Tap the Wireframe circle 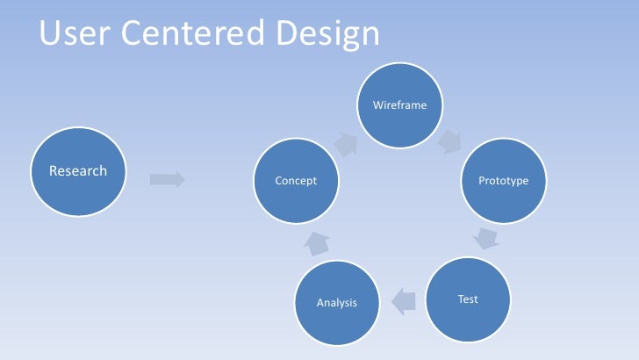point(399,105)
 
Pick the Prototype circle point(503,180)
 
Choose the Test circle point(468,299)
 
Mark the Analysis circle point(337,303)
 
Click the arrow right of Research point(167,179)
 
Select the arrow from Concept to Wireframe point(345,144)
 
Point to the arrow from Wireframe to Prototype point(452,141)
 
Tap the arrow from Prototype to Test point(486,237)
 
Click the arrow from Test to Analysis point(402,302)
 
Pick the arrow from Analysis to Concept point(317,244)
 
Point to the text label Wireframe point(399,105)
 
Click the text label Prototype point(503,181)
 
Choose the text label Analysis point(337,303)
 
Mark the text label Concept point(296,181)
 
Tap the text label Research point(78,170)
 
